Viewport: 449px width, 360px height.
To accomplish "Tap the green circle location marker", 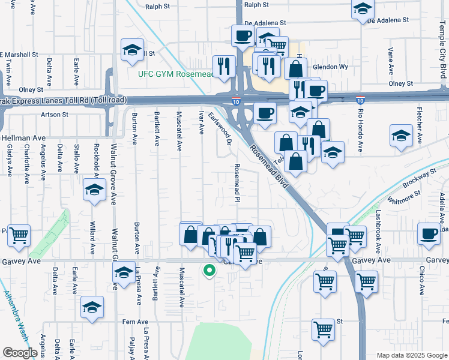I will point(209,271).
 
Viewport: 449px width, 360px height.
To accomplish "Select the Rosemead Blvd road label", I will point(270,168).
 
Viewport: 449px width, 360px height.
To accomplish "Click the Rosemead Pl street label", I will point(238,183).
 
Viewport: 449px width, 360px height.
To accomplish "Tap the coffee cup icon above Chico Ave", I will point(429,234).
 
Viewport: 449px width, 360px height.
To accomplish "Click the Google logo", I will point(20,353).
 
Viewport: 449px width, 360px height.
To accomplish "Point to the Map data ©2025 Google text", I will point(411,355).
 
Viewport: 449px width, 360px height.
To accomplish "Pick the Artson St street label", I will point(55,114).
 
